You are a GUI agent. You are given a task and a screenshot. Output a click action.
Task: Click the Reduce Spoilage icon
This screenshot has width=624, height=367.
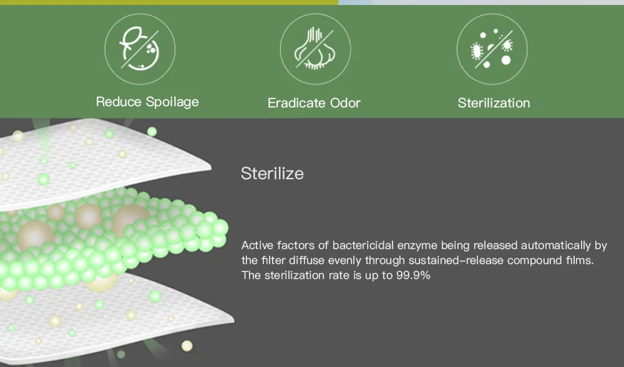(140, 49)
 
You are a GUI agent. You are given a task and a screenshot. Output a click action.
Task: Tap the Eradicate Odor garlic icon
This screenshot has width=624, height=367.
(315, 49)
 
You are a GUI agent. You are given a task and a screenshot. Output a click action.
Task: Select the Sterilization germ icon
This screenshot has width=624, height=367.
(492, 49)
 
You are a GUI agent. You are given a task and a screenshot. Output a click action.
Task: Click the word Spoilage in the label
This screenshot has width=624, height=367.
(172, 102)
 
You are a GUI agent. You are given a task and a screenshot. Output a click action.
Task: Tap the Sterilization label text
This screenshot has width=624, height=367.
(494, 103)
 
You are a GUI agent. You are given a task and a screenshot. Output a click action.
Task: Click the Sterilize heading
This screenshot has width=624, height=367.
(272, 174)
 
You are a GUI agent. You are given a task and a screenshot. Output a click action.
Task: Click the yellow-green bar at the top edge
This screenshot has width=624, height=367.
(169, 2)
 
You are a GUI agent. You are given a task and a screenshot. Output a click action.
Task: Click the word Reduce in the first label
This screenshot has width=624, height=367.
(119, 102)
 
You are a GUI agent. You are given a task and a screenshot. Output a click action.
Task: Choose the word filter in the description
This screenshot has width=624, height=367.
(273, 260)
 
